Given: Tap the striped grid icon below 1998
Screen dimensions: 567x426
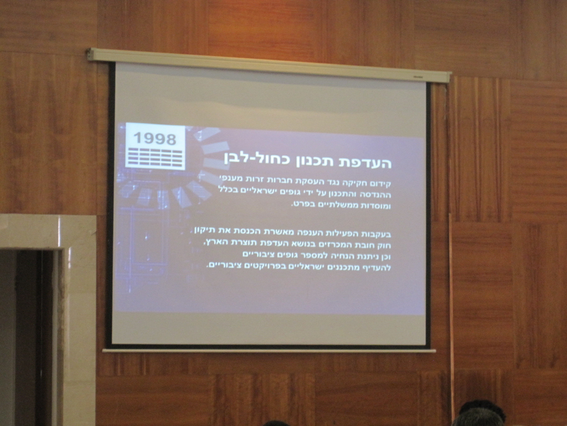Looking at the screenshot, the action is pos(155,157).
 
